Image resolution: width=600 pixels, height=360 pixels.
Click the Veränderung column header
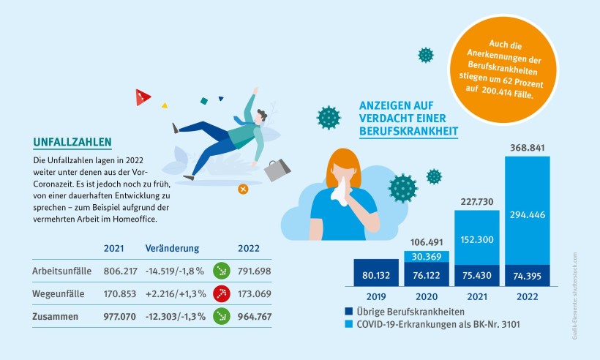(172, 248)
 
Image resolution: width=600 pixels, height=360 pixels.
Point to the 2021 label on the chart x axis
(476, 296)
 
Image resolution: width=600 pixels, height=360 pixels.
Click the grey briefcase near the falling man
(277, 170)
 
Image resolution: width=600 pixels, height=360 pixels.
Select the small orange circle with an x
(243, 189)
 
